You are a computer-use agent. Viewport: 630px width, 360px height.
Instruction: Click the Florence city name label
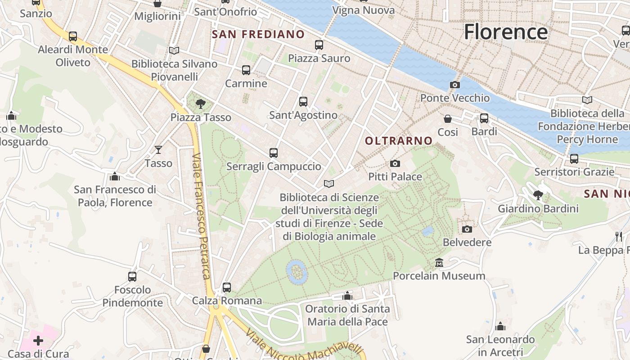[506, 32]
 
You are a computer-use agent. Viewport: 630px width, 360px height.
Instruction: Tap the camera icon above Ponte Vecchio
[455, 85]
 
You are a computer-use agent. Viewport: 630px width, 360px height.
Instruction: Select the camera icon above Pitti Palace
[395, 163]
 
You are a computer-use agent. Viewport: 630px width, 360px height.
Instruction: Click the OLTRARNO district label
[398, 141]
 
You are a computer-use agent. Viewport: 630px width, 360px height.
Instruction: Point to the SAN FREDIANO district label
[258, 34]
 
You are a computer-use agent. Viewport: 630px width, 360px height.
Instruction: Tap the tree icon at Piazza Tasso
[200, 104]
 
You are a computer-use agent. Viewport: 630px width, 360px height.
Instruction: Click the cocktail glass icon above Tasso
[158, 150]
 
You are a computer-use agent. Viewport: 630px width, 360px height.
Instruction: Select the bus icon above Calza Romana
[227, 287]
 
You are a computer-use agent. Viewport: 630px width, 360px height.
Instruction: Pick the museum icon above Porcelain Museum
[439, 262]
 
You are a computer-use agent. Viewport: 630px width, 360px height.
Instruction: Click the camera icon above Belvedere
[467, 229]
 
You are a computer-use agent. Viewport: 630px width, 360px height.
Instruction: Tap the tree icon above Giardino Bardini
[538, 195]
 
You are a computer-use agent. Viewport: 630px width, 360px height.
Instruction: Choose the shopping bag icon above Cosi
[448, 119]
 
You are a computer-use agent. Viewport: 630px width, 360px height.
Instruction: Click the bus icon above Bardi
[484, 118]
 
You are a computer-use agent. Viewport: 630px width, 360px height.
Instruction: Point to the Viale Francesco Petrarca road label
[201, 216]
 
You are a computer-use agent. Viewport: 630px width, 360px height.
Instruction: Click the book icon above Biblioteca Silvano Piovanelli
[174, 51]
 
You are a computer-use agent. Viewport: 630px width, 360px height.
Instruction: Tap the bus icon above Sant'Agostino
[303, 102]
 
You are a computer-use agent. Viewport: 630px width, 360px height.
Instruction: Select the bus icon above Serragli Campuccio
[274, 153]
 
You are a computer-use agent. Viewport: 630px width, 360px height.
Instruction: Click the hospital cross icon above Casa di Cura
[38, 341]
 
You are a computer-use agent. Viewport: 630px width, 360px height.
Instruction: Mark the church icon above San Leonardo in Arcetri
[500, 326]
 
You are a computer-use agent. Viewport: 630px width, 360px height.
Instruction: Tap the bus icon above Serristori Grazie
[574, 159]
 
